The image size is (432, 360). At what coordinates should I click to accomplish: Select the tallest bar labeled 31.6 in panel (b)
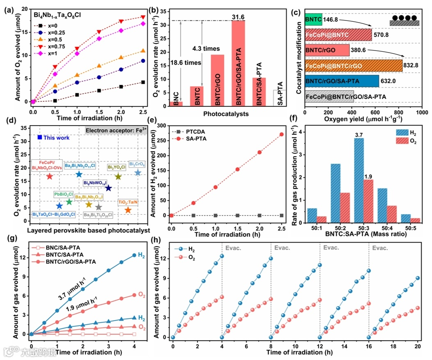click(x=238, y=64)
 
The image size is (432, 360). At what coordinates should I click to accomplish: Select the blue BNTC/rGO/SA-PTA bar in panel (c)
click(x=342, y=81)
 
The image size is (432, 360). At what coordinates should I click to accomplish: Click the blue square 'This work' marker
click(x=40, y=137)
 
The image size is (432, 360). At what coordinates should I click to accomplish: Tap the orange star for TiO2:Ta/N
click(x=128, y=210)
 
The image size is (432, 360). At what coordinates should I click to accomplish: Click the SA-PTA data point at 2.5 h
click(x=281, y=134)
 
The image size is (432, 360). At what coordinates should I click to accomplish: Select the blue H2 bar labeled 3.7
click(x=359, y=180)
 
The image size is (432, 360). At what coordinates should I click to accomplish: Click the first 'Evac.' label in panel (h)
click(x=233, y=247)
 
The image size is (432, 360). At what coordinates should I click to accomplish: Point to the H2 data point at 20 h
click(x=418, y=278)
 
